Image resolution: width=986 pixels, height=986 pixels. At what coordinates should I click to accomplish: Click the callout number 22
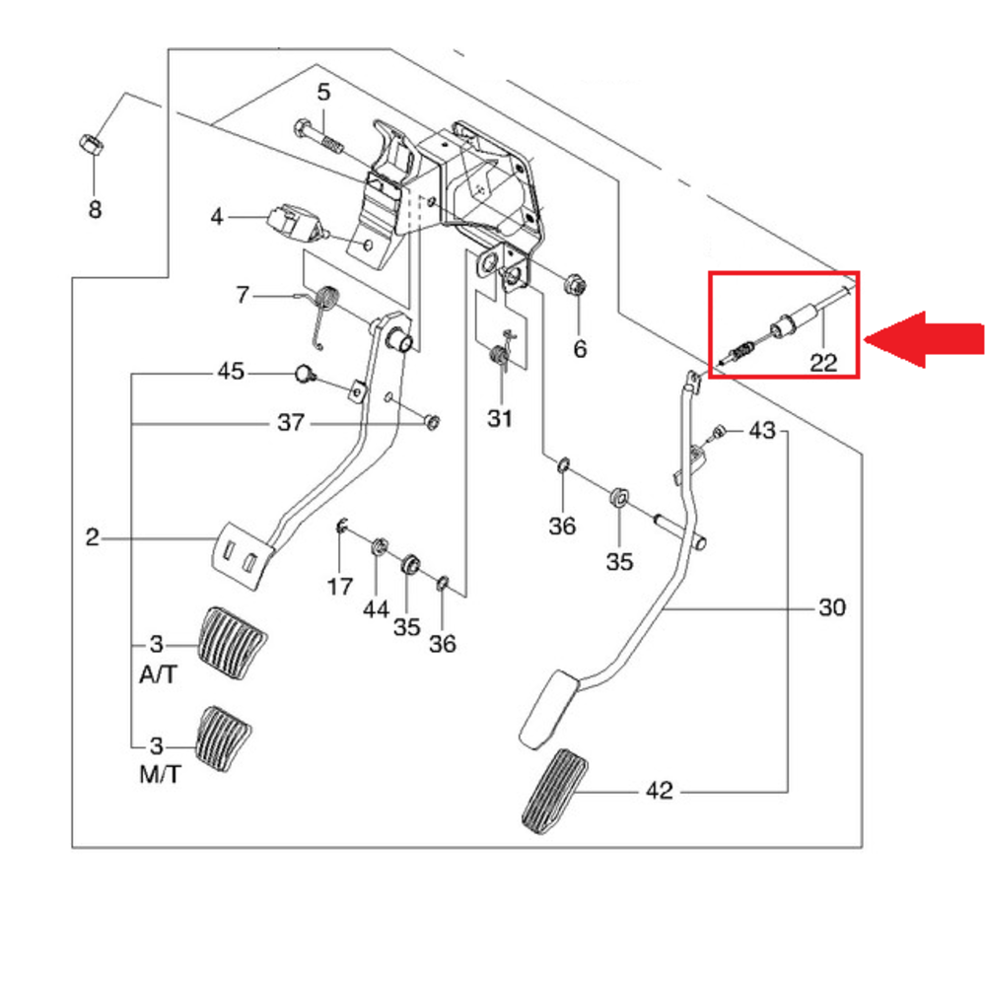(x=823, y=362)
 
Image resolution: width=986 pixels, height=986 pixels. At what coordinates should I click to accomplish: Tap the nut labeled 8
(x=87, y=145)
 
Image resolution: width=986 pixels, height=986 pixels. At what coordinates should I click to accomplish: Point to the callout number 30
(x=832, y=608)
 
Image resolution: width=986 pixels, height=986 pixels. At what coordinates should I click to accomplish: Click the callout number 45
(x=231, y=373)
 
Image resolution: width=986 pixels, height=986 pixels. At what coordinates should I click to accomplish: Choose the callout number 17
(x=340, y=587)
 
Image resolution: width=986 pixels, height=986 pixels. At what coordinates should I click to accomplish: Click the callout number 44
(x=376, y=610)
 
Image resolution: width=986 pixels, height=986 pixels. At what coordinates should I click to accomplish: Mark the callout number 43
(x=762, y=431)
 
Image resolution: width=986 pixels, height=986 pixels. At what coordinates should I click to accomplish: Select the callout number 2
(x=93, y=537)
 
